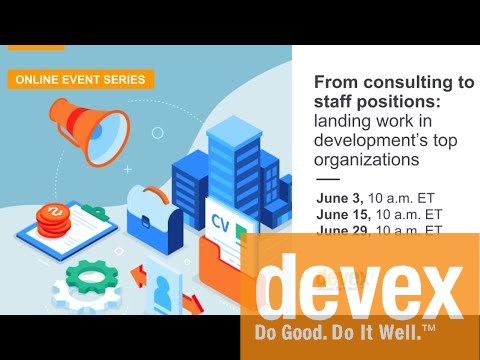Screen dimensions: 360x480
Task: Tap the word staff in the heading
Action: point(334,102)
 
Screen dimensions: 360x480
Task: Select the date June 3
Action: point(339,198)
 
